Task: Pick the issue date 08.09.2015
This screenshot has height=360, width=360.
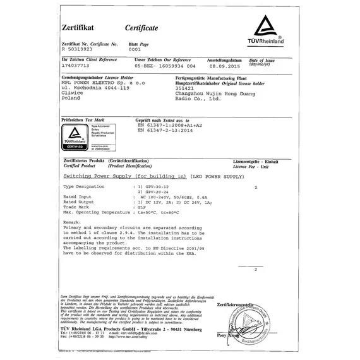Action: (x=226, y=66)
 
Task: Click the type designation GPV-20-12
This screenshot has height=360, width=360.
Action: (x=159, y=189)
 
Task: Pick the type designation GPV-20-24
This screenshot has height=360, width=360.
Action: (x=159, y=194)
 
